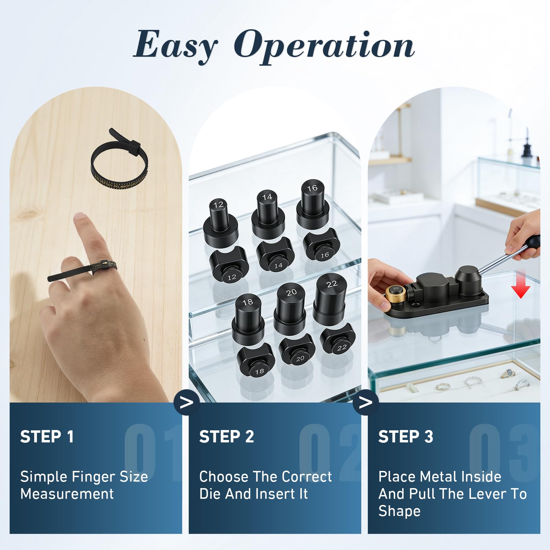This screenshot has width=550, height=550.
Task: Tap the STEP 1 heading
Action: click(47, 437)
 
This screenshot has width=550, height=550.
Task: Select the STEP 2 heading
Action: click(227, 437)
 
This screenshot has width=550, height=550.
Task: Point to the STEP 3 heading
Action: click(406, 437)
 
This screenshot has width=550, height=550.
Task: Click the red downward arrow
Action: click(521, 284)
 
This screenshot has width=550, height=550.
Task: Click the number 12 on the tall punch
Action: click(219, 205)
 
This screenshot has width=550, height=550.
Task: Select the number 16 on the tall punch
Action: click(312, 188)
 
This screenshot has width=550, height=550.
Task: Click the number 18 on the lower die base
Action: click(260, 371)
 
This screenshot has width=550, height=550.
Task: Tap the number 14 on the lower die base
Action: click(278, 265)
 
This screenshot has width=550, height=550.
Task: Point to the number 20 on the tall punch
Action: click(291, 293)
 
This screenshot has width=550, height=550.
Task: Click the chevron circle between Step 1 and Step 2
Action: click(187, 403)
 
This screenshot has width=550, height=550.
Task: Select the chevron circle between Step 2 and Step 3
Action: click(366, 403)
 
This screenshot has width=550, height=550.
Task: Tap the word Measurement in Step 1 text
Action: click(67, 494)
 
